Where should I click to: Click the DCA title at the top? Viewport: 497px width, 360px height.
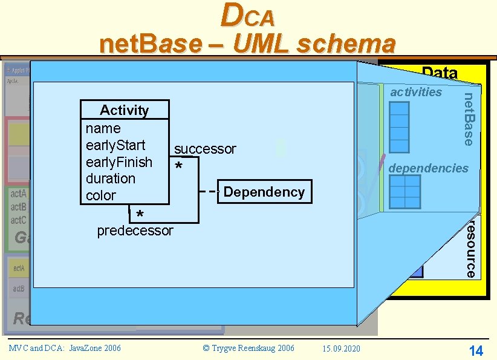(x=248, y=16)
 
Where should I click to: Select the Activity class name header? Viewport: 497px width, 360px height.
(x=125, y=110)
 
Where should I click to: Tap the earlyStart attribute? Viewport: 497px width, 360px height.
(x=115, y=145)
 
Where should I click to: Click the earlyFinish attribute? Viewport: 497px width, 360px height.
(x=119, y=162)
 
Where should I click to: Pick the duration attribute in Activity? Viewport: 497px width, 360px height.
(x=111, y=178)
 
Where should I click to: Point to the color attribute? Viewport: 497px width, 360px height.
(x=100, y=195)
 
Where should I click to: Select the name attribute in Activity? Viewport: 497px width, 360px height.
(x=103, y=128)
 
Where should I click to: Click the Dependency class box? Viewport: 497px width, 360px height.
(x=264, y=192)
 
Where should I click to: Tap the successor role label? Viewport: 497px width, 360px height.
(x=205, y=149)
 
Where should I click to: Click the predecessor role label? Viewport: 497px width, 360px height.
(x=135, y=231)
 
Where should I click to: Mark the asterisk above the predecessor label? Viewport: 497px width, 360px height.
(x=140, y=215)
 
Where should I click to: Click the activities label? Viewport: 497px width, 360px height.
(x=416, y=92)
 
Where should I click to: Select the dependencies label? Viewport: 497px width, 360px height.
(x=428, y=168)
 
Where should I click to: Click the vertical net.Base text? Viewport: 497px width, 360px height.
(x=468, y=119)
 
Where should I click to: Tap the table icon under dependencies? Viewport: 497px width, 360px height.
(x=404, y=192)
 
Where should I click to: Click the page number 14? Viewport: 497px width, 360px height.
(x=476, y=350)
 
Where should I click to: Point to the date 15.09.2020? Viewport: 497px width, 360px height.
(x=342, y=348)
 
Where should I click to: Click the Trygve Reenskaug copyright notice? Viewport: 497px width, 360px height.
(x=248, y=348)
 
